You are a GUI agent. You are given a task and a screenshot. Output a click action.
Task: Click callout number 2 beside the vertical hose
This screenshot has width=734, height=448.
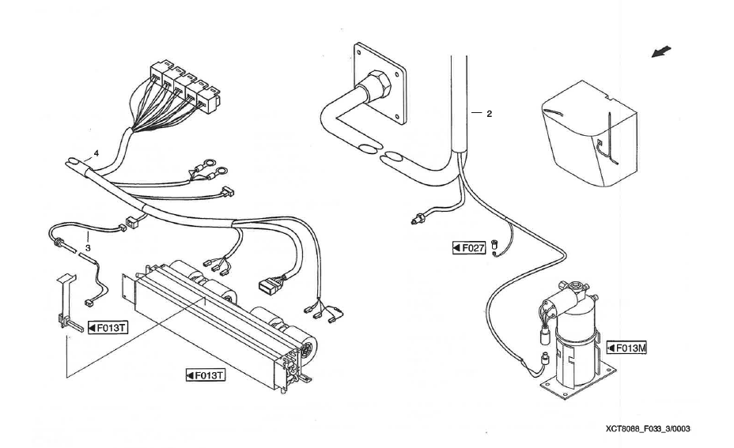(x=489, y=114)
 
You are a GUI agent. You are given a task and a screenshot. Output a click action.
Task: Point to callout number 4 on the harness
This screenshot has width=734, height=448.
(x=96, y=152)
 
